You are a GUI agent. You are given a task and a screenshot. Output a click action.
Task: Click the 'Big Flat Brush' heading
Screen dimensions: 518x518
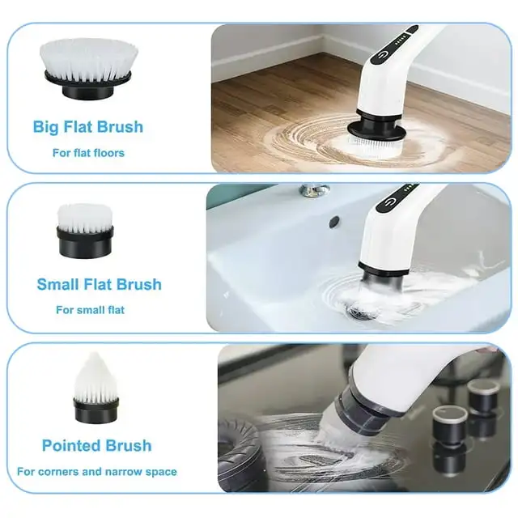pos(87,127)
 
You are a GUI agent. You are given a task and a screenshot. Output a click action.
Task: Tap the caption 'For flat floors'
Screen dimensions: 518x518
pos(88,152)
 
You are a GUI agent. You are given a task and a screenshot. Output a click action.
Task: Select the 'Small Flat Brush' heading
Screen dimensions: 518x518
pos(99,284)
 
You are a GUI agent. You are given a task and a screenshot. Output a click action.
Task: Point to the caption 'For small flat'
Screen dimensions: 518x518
pos(90,309)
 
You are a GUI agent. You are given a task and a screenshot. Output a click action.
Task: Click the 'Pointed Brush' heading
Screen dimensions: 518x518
pos(96,446)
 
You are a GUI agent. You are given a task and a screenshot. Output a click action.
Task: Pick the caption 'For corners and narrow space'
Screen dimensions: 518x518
pos(96,471)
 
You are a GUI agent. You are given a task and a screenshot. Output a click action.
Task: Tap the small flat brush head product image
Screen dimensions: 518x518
pos(84,230)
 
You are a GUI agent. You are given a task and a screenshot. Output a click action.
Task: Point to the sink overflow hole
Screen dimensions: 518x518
pos(334,219)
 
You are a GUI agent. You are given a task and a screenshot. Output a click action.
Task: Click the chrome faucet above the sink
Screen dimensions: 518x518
pos(313,191)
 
